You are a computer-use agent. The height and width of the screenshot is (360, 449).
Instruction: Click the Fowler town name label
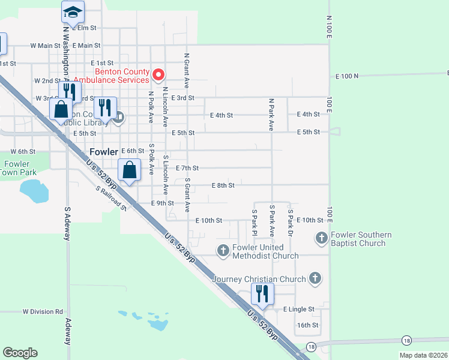[103, 152]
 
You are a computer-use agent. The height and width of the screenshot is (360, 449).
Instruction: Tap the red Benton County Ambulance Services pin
[158, 75]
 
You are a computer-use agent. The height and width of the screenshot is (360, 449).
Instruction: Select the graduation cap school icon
[73, 12]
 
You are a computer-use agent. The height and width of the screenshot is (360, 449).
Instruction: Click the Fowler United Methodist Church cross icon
[223, 250]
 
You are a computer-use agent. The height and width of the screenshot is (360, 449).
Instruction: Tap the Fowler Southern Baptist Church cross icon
[321, 238]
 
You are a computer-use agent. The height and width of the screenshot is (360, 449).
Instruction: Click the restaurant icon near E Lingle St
[262, 294]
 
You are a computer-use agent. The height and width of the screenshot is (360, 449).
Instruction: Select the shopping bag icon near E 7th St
[130, 170]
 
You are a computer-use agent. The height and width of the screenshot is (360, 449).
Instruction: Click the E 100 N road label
[347, 76]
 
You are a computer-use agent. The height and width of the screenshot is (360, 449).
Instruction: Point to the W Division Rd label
[43, 311]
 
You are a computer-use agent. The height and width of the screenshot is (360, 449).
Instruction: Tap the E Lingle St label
[299, 310]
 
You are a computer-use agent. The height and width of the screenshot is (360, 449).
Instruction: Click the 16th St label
[307, 325]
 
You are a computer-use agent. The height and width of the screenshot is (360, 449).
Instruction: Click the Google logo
[20, 353]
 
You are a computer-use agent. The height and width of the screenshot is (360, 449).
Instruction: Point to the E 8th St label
[223, 185]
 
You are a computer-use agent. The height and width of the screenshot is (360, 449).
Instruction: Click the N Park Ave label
[271, 115]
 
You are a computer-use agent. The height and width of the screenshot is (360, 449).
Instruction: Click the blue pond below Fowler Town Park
[34, 191]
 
